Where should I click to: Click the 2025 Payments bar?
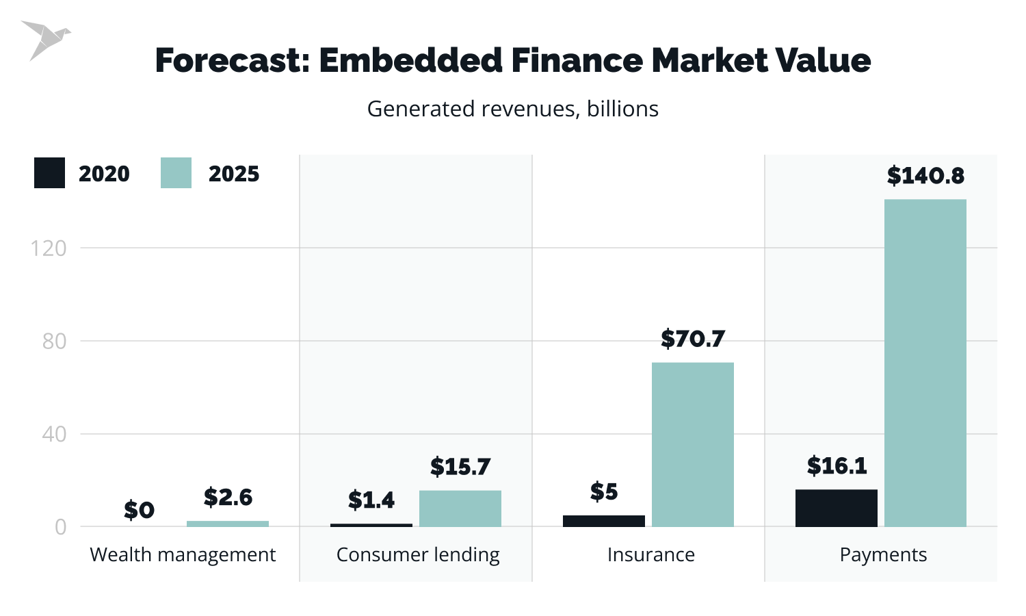point(925,363)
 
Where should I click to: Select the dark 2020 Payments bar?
point(836,508)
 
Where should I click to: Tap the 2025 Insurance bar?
point(692,444)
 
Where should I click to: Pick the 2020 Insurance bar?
point(603,521)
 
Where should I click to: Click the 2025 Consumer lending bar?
point(460,509)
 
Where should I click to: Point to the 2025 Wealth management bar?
point(227,524)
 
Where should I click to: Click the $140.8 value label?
point(925,176)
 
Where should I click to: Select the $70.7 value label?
point(692,339)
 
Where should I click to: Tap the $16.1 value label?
point(836,466)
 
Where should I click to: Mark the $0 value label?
point(139,510)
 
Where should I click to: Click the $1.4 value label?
point(371,500)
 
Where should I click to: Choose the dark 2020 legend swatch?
point(49,173)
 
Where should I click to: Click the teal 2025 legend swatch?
point(176,173)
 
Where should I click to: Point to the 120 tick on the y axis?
point(49,248)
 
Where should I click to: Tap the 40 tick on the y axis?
point(54,434)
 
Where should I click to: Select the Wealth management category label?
point(183,554)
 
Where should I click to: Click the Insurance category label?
point(650,554)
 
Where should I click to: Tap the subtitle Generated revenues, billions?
point(512,109)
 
